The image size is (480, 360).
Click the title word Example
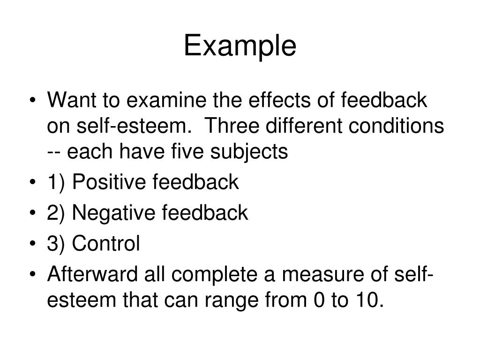240,46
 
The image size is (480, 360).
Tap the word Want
72,100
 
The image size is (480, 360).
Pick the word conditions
396,126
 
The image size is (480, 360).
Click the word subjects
249,151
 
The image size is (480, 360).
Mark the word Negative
113,213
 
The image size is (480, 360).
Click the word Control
106,243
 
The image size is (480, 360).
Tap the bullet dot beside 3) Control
33,244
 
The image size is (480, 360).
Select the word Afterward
92,274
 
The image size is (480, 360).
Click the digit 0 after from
319,300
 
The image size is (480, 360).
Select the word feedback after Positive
195,182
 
